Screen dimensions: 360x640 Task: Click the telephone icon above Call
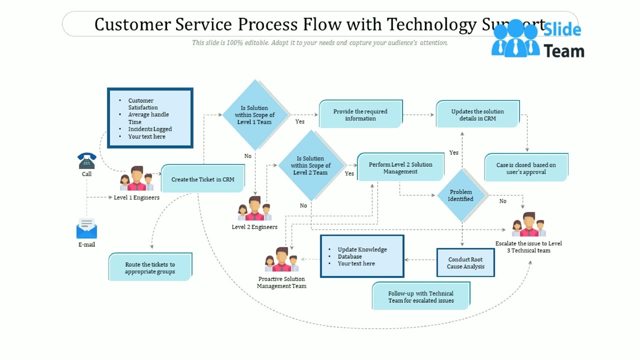tap(86, 161)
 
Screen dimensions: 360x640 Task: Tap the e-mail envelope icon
tap(86, 228)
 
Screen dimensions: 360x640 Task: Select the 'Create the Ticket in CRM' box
tap(202, 179)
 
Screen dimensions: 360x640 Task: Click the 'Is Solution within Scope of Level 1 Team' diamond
tap(255, 115)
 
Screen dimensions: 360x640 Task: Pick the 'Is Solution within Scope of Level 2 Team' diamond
tap(310, 165)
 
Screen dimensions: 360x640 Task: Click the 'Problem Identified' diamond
tap(461, 195)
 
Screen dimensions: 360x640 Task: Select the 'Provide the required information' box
tap(360, 114)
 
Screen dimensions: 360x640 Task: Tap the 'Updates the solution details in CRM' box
tap(477, 114)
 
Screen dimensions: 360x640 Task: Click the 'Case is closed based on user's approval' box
tap(526, 168)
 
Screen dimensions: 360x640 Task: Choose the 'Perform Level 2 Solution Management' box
tap(400, 168)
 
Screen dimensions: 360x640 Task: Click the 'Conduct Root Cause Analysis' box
tap(465, 263)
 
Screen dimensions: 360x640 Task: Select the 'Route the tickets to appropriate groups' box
tap(150, 268)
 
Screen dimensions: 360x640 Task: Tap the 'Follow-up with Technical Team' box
tap(421, 297)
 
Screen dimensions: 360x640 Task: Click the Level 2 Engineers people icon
tap(254, 209)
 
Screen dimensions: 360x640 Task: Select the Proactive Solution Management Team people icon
tap(281, 260)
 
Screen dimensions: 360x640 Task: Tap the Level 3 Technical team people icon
tap(529, 225)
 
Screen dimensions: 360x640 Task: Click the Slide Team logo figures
tap(515, 39)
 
